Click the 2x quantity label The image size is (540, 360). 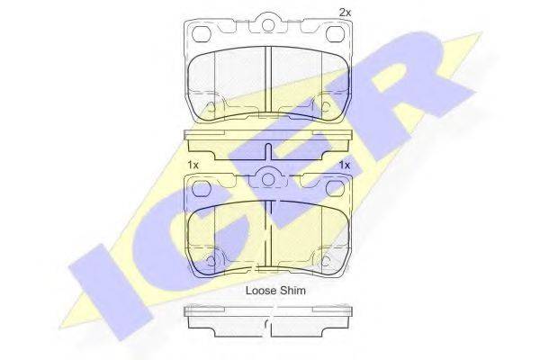point(345,13)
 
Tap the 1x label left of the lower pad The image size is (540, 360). point(193,166)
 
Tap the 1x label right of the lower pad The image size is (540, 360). point(345,166)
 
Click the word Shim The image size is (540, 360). point(292,291)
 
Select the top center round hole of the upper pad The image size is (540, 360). point(268,25)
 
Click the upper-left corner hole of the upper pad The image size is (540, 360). point(201,34)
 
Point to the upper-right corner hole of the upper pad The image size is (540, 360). point(335,34)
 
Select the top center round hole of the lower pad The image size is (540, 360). point(268,179)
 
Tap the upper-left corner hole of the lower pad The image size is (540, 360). point(201,188)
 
